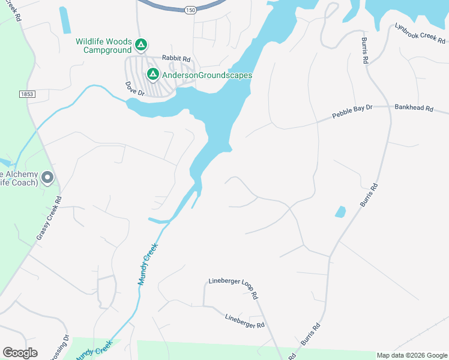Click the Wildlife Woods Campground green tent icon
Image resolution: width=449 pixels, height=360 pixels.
click(x=141, y=45)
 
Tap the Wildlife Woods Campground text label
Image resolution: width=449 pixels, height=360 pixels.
click(x=104, y=45)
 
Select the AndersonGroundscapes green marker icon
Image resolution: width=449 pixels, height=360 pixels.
click(x=153, y=74)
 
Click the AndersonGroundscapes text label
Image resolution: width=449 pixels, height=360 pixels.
click(x=206, y=76)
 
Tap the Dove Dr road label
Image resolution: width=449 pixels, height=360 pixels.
click(x=135, y=89)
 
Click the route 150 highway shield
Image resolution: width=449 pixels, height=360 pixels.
click(x=190, y=10)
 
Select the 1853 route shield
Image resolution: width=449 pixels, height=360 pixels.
click(x=27, y=94)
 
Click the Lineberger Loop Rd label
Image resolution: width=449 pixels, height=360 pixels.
click(x=233, y=288)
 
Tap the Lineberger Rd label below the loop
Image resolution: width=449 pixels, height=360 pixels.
click(x=244, y=321)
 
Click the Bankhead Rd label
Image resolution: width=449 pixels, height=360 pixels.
click(x=414, y=108)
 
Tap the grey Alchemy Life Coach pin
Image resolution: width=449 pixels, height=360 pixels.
click(x=47, y=178)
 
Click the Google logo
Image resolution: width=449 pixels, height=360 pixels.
click(x=20, y=353)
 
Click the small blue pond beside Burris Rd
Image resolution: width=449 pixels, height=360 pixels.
click(x=340, y=212)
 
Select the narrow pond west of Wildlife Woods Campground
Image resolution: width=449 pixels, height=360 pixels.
click(x=64, y=20)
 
